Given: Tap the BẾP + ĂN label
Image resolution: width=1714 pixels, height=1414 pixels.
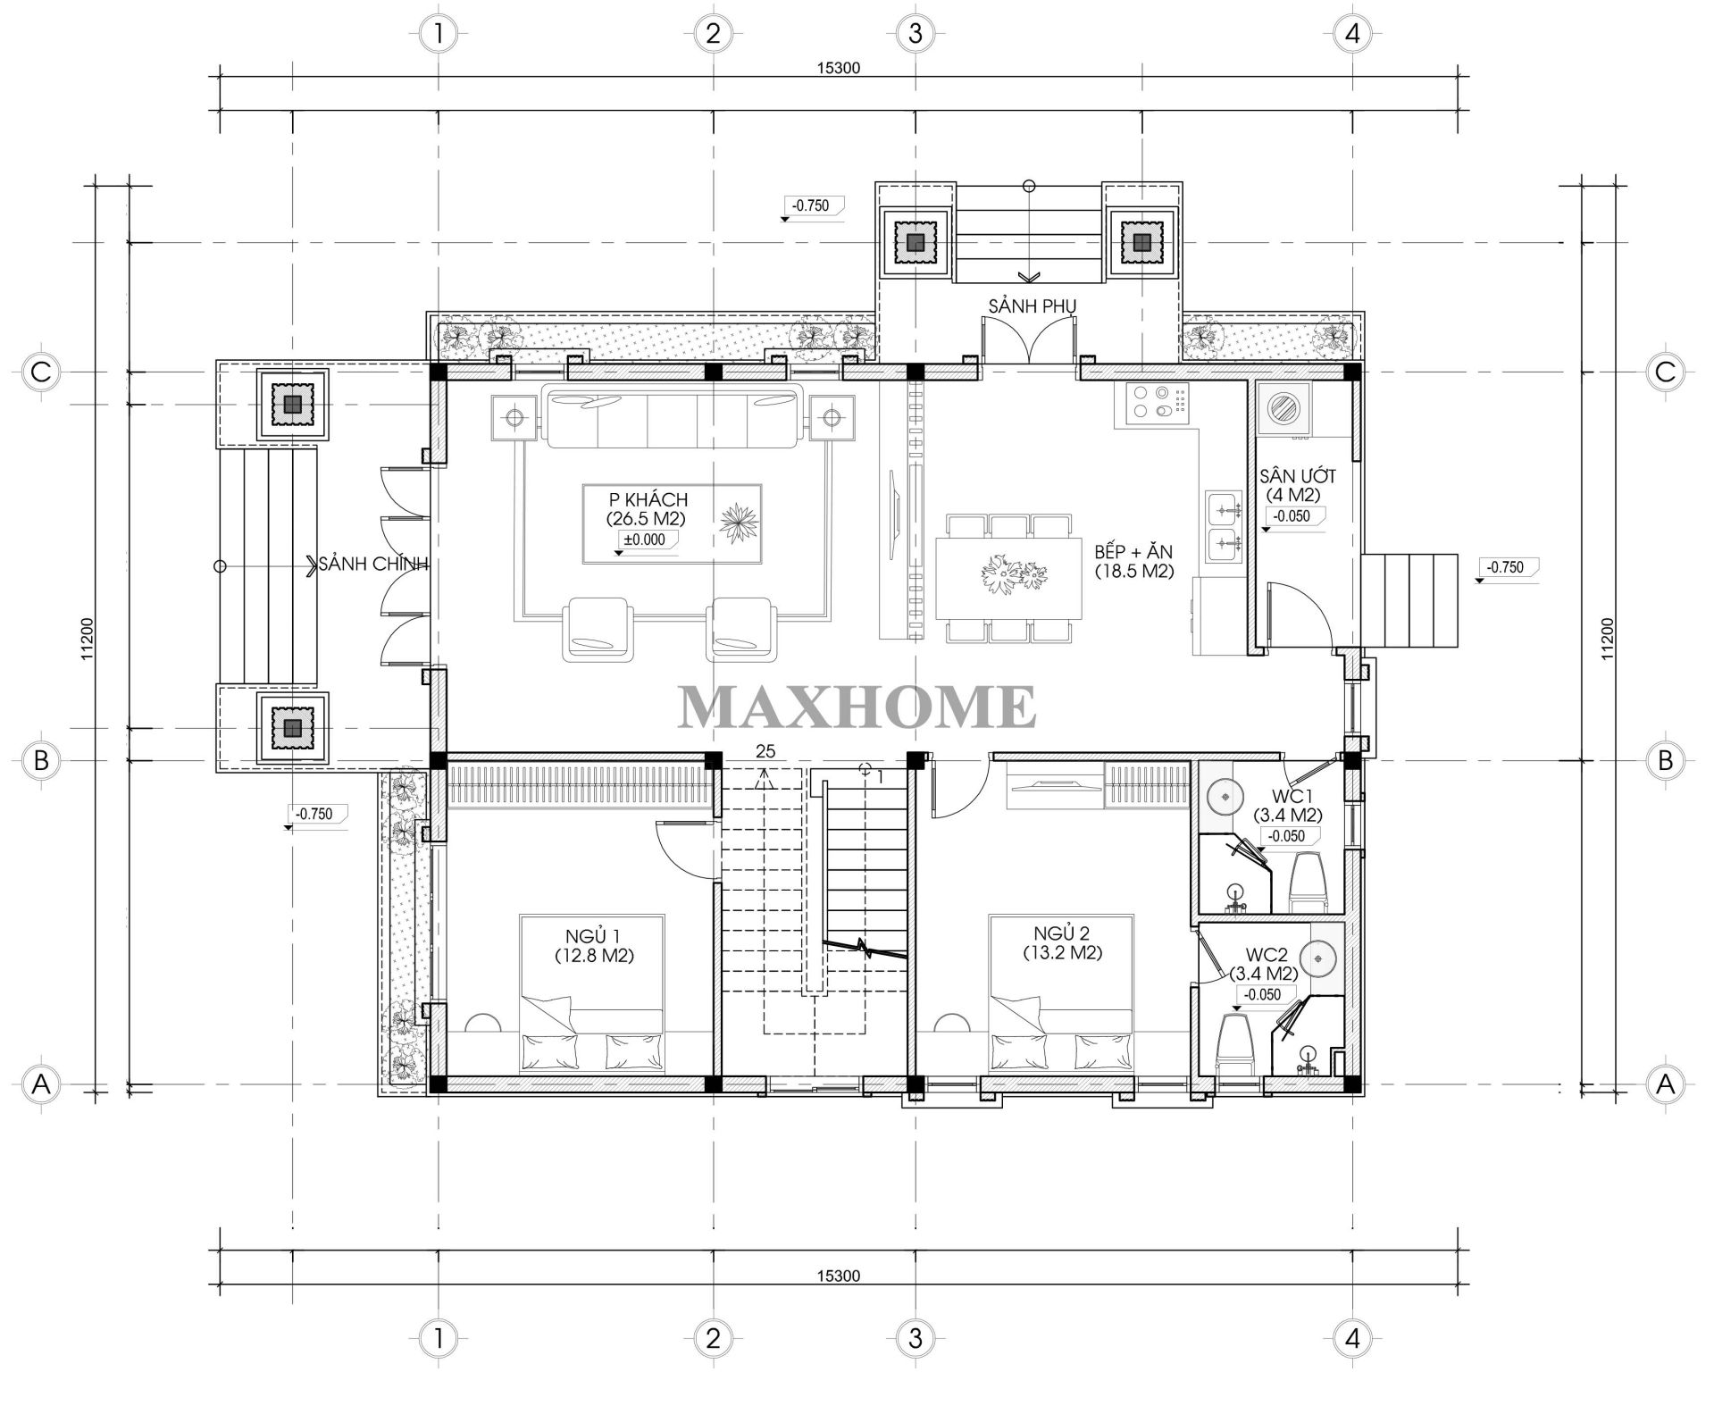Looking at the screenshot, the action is point(1133,551).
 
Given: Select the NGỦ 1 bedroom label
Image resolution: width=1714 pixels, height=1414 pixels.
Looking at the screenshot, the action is point(593,936).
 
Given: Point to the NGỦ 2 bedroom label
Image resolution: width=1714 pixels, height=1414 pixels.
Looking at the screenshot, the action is point(1061,934).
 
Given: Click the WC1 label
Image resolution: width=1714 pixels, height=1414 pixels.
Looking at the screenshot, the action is point(1287,796).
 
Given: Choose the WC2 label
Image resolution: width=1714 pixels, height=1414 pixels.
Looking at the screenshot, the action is point(1264,955).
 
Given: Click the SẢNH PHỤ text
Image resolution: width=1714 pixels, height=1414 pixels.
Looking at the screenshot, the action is point(1032,306).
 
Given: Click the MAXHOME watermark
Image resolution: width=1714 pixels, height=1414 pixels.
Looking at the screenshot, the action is point(857,706).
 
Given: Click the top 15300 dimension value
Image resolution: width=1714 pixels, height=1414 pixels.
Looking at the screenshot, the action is point(838,68).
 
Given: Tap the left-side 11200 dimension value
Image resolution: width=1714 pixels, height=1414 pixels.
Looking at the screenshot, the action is point(88,639).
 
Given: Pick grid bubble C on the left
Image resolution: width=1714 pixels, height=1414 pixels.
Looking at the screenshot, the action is point(40,372).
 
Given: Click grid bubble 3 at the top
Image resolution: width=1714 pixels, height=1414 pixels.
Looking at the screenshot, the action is point(915,35).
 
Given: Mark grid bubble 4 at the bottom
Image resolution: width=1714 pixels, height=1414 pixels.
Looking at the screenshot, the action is point(1351,1337).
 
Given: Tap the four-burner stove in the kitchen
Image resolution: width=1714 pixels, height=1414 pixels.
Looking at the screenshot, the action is point(1152,404).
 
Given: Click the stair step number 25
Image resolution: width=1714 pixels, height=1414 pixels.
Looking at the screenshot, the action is point(765,751).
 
